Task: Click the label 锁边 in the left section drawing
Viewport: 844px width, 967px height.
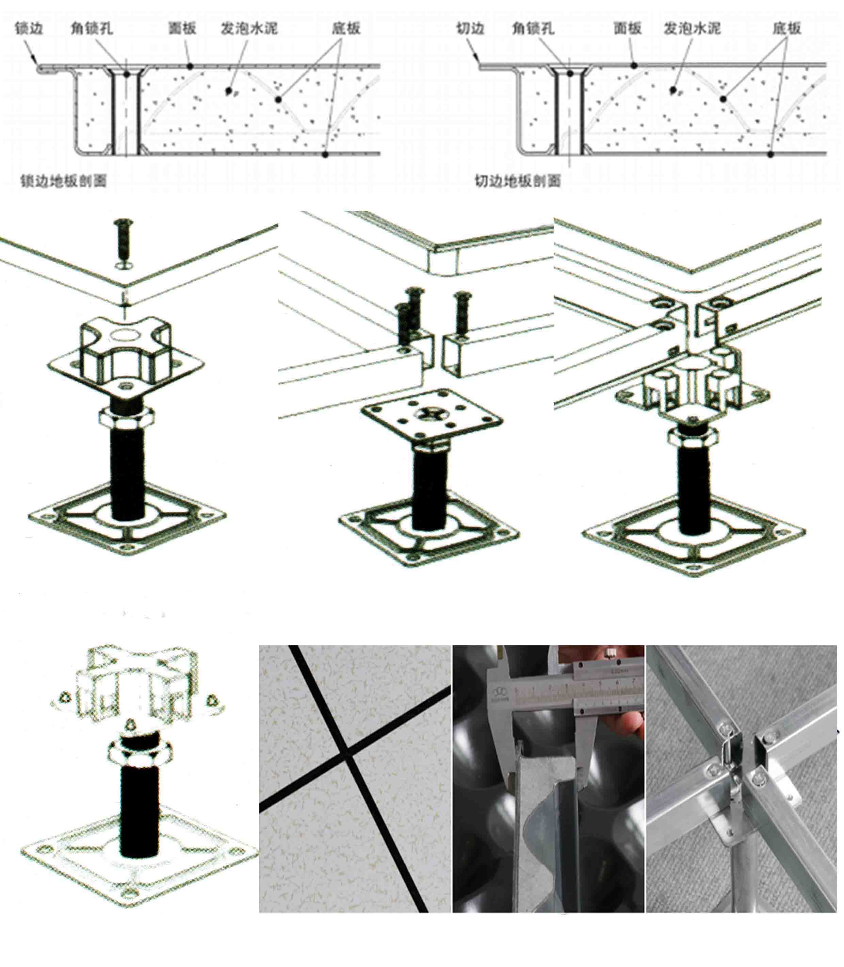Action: pyautogui.click(x=29, y=28)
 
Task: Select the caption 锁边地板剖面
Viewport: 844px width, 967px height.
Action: pyautogui.click(x=64, y=181)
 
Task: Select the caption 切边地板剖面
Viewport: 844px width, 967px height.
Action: pyautogui.click(x=518, y=181)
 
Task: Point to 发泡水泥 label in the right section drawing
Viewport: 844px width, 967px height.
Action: pyautogui.click(x=692, y=28)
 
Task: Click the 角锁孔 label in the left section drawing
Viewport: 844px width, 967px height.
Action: pyautogui.click(x=91, y=28)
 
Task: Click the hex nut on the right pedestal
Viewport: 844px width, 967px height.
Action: pyautogui.click(x=693, y=436)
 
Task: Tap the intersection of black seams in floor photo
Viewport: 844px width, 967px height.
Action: pyautogui.click(x=347, y=750)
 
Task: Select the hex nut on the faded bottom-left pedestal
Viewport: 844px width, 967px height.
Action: pyautogui.click(x=139, y=750)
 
